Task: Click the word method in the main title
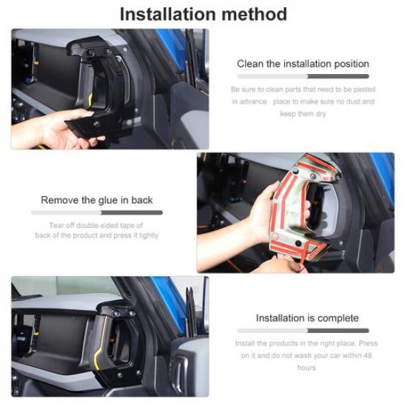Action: click(254, 14)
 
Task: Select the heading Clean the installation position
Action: click(302, 64)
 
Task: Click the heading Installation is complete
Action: click(302, 317)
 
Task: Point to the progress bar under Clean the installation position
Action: click(302, 75)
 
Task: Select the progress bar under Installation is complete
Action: click(302, 330)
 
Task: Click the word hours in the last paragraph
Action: click(306, 367)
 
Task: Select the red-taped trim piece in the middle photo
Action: click(303, 211)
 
